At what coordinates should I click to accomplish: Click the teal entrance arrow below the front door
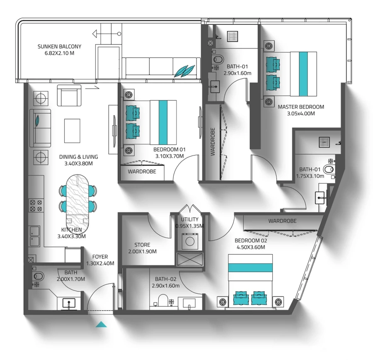coord(101,324)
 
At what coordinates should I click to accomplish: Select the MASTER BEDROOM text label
coord(301,107)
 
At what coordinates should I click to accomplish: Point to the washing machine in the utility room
coord(190,241)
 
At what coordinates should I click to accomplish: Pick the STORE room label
coord(142,245)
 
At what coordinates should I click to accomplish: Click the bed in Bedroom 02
coord(250,281)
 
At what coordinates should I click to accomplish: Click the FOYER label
coord(100,257)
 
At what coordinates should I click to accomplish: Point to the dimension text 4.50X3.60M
coord(249,247)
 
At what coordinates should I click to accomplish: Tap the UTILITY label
coord(189,219)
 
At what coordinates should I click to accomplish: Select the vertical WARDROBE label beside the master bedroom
coord(213,141)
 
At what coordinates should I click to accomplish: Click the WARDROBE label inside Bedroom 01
coord(142,171)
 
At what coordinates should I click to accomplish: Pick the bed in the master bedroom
coord(290,74)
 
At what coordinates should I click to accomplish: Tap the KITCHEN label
coord(71,230)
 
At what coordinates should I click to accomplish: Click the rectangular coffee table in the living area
coord(72,130)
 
